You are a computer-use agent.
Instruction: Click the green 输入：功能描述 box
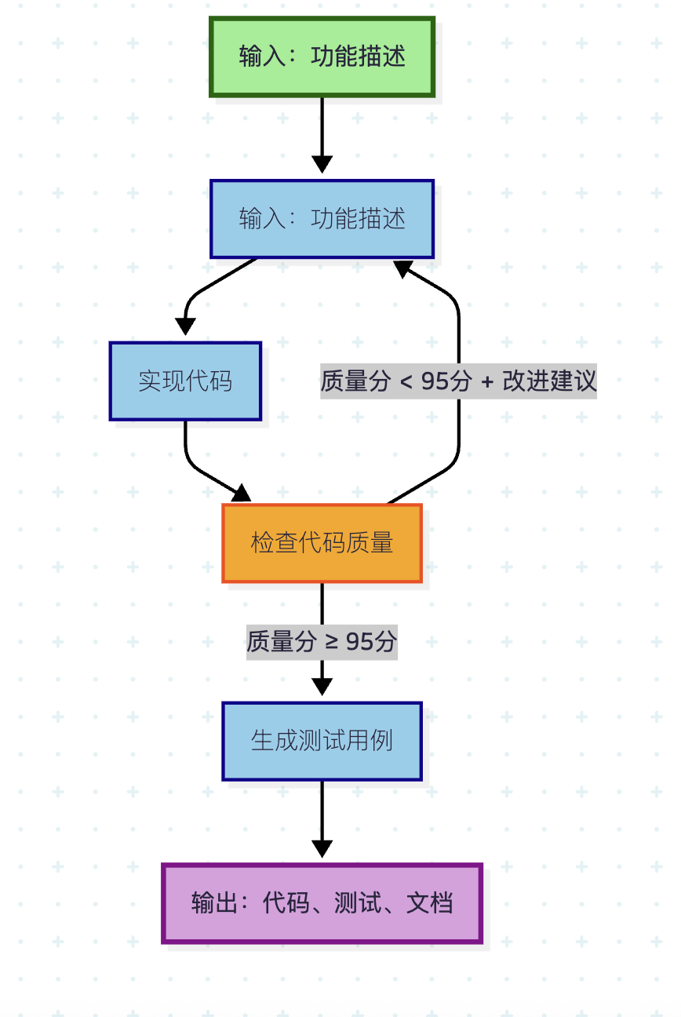pos(322,57)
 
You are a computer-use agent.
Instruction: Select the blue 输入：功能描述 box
pos(322,219)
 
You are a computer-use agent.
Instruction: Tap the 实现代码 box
pos(185,381)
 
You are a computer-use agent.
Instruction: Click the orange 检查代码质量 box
pos(322,543)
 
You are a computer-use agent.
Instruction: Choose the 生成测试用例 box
pos(322,741)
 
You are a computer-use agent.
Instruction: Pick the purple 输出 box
pos(322,903)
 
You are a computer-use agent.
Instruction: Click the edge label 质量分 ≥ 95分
pos(322,642)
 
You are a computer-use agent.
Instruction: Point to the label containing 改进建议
pos(458,381)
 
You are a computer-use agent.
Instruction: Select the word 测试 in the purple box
pos(358,903)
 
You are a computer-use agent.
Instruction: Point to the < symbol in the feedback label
pos(406,382)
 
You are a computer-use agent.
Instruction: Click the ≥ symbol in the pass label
pos(332,642)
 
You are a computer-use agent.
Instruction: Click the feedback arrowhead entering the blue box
pos(403,268)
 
